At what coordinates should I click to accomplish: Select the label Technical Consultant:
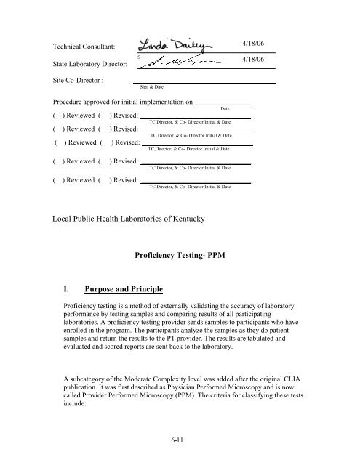click(x=85, y=45)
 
